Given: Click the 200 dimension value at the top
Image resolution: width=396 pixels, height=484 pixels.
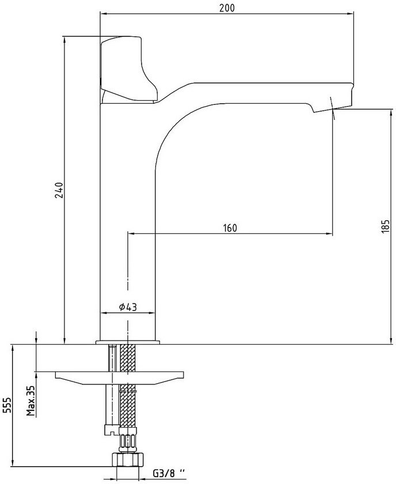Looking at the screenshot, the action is pos(227,7).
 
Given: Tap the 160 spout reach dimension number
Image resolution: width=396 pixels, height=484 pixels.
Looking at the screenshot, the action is pos(230,228).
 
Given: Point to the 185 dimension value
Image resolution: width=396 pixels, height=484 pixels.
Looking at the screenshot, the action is pos(386,226).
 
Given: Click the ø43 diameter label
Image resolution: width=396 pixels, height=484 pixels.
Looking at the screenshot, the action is pos(128,307).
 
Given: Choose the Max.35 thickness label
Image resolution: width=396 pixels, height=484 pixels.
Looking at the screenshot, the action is pos(31,401).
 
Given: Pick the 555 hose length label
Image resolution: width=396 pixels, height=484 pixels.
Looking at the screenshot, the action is pos(7,404).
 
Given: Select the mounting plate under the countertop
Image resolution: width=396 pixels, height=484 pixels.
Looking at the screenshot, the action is pos(119,378).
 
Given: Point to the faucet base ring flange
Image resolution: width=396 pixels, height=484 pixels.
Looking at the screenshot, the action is pos(128,342).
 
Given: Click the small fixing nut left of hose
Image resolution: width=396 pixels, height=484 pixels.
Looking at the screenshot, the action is pos(111,429).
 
